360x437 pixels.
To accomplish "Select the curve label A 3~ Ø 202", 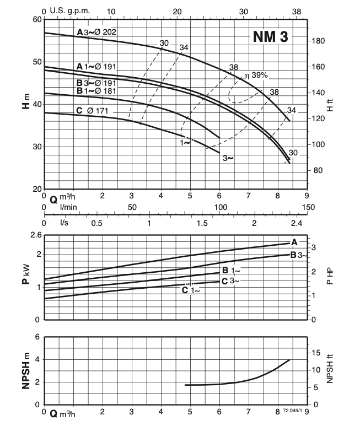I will click(96, 33).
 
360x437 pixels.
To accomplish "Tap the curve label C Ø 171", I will click(92, 111).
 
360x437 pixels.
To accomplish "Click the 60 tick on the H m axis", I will click(37, 19).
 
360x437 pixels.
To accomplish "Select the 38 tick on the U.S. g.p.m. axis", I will click(297, 11).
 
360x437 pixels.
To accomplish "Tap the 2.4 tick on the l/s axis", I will click(297, 224).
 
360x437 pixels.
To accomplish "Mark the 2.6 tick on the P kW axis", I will click(35, 235).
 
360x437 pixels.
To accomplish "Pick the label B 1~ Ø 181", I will click(97, 90).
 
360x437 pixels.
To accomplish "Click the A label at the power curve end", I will click(294, 242).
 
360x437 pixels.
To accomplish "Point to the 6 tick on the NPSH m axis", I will click(37, 337).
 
